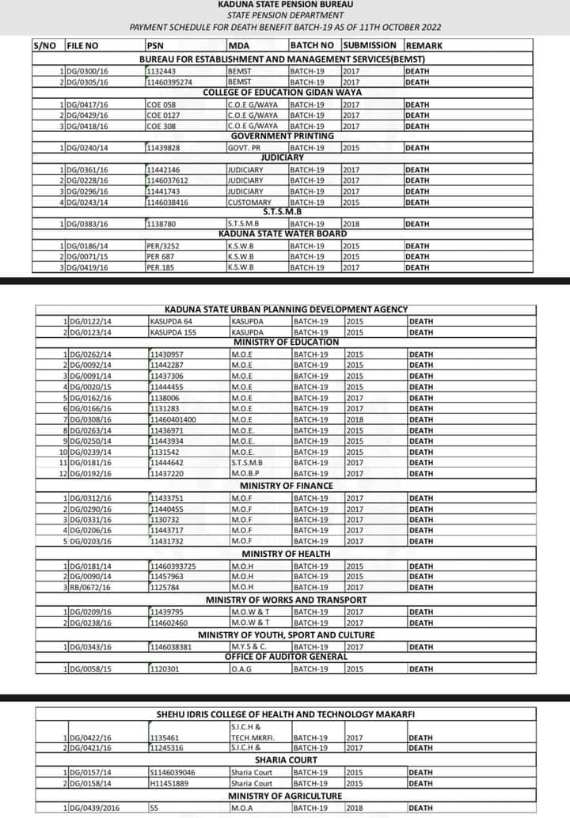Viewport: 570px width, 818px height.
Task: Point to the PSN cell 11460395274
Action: tap(169, 82)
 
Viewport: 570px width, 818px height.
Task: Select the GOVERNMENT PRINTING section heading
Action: tap(282, 137)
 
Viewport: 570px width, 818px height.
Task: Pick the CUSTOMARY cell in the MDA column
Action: tap(249, 203)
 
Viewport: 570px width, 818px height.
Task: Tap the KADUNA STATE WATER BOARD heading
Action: tap(283, 234)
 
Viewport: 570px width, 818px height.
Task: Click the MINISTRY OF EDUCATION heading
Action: tap(286, 342)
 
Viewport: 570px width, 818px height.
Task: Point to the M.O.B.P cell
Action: tap(246, 474)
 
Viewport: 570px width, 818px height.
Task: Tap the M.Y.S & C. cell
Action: tap(249, 647)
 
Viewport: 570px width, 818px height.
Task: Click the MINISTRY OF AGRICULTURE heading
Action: tap(285, 796)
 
